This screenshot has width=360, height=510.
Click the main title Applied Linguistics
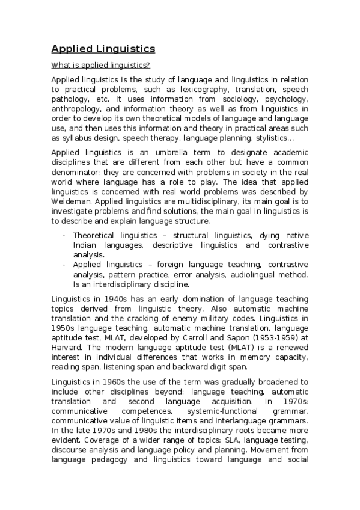[x=103, y=48]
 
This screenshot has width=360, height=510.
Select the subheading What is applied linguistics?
[x=100, y=65]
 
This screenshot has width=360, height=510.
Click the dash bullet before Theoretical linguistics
[x=64, y=235]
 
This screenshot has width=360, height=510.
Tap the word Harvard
[x=67, y=347]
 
